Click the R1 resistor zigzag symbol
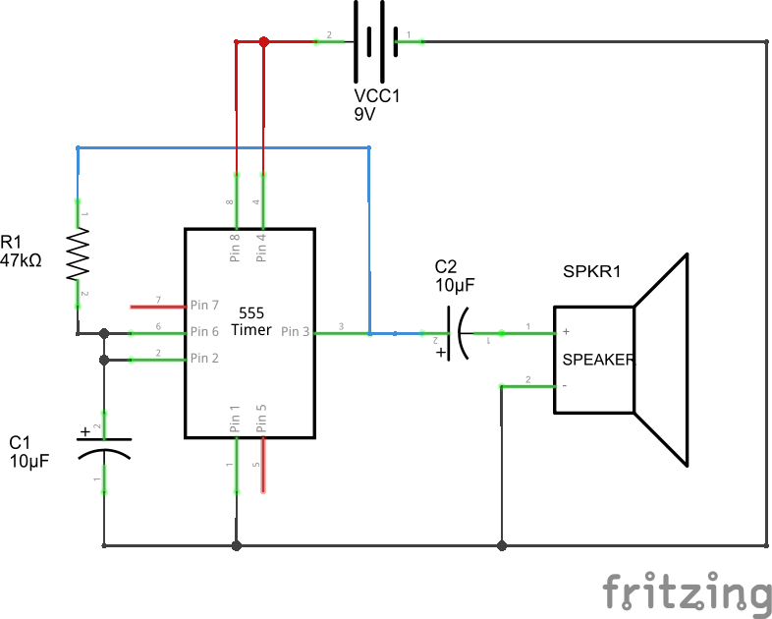click(x=78, y=254)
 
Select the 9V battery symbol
click(x=368, y=42)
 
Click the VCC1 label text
click(x=378, y=96)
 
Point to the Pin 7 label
click(x=205, y=306)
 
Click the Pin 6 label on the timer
click(x=205, y=332)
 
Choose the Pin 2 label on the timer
click(x=205, y=359)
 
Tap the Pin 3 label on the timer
click(x=296, y=332)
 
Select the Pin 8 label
click(x=236, y=247)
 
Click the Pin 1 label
click(x=236, y=419)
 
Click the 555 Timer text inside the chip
click(x=250, y=321)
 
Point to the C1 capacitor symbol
click(x=104, y=445)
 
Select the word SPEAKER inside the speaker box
click(x=598, y=360)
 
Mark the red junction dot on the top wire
click(x=263, y=42)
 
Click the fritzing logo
click(x=686, y=592)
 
